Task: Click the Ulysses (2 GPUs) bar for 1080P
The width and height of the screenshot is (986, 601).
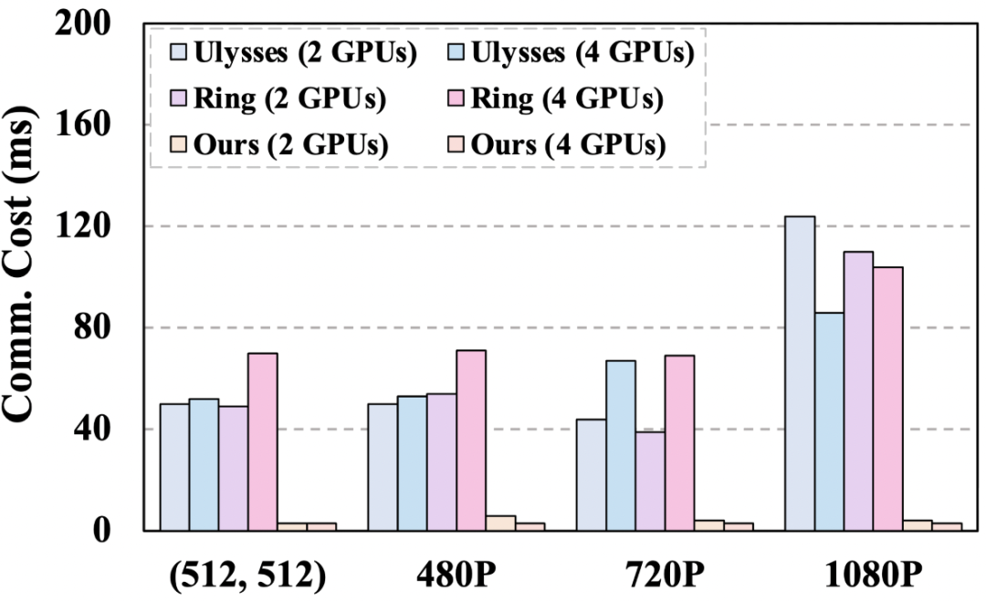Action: click(x=800, y=373)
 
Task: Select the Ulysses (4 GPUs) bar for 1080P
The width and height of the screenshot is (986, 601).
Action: click(x=829, y=421)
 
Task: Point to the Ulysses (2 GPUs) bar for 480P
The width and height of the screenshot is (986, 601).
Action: click(x=383, y=467)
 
